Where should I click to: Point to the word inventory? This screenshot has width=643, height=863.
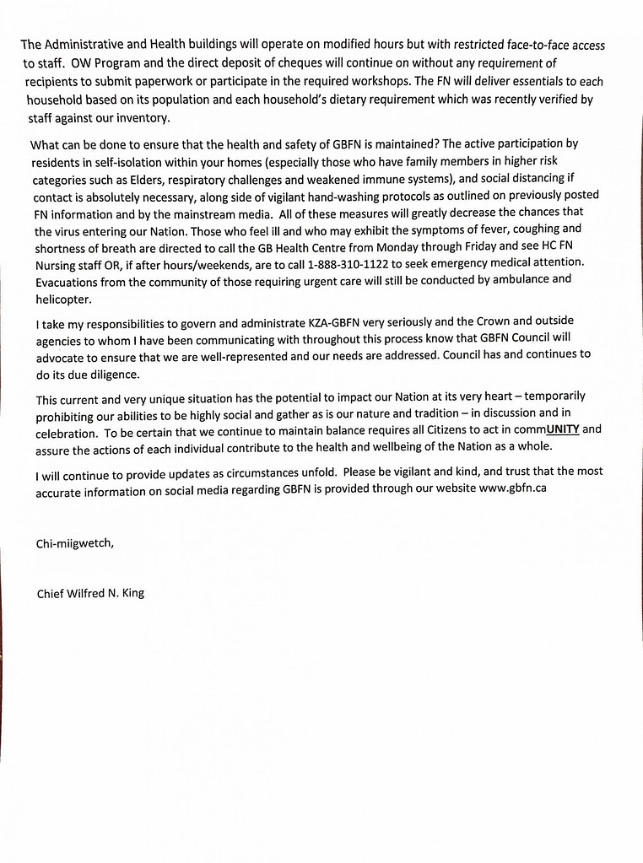coord(143,118)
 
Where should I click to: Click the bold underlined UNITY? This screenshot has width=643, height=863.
coord(562,429)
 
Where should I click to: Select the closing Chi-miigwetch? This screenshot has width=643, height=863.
coord(75,543)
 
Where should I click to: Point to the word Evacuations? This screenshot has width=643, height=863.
coord(70,280)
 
